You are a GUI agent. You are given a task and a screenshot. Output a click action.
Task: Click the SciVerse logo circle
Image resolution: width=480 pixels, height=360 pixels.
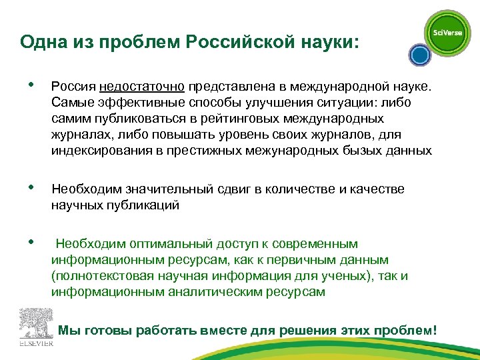(447, 33)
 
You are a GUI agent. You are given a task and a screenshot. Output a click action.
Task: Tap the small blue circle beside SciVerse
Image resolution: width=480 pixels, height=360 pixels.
(417, 55)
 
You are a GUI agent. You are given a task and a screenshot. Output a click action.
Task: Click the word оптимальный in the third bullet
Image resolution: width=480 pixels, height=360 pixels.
(175, 244)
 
